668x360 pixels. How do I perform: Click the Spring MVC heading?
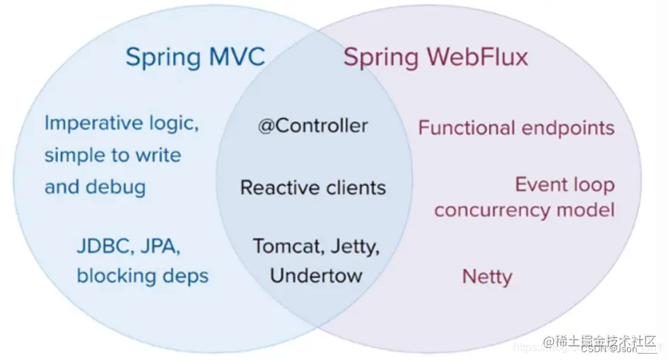195,57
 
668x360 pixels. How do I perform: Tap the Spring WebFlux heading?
435,57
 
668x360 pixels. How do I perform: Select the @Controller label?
313,126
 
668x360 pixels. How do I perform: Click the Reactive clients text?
313,188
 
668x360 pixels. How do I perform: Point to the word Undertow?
316,275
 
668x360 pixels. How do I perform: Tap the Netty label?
487,277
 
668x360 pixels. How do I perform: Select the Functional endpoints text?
516,128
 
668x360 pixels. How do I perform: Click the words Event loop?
564,185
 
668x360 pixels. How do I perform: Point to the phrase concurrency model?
524,210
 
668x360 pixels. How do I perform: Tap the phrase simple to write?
112,155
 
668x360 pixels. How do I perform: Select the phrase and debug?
95,187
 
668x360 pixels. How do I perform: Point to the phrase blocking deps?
142,276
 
